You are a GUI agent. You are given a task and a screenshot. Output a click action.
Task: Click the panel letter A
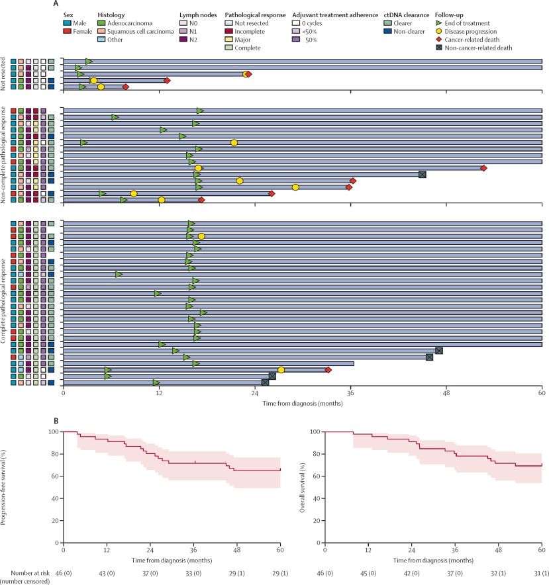tap(66, 4)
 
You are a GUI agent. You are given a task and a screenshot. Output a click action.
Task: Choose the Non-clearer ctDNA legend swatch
tap(388, 30)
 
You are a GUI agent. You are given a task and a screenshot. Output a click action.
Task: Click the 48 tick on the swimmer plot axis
tap(446, 392)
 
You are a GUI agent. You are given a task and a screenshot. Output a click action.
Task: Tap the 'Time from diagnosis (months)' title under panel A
tap(302, 402)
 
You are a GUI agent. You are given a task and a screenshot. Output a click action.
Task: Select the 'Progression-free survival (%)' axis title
tap(5, 487)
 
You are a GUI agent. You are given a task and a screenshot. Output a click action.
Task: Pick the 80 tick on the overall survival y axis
tap(319, 454)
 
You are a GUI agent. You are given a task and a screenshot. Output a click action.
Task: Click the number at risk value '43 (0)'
tap(107, 570)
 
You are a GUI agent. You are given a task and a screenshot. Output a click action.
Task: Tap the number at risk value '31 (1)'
tap(542, 570)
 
